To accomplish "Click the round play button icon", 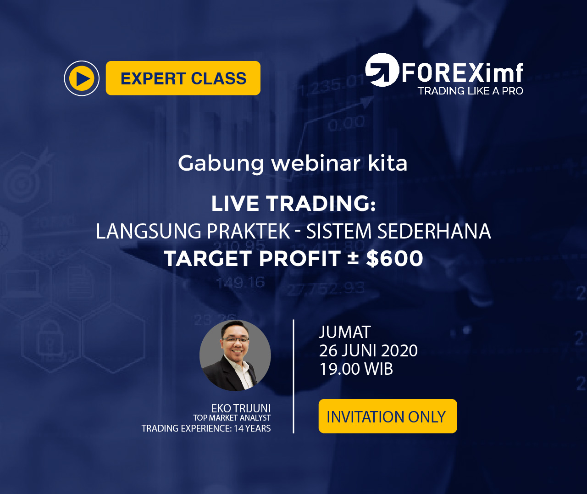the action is (82, 78).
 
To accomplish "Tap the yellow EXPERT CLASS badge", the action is (183, 78).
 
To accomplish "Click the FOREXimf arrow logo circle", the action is (382, 70).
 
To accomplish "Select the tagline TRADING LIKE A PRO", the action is (470, 91).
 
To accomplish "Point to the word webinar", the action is (316, 163).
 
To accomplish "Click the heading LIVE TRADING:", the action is (293, 203).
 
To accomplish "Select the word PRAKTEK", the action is (249, 231).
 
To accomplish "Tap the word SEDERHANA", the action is (434, 231).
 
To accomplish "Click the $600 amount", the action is (394, 258).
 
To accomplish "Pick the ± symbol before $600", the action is (353, 258).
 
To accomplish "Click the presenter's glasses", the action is (236, 339).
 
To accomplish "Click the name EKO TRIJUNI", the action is (241, 408).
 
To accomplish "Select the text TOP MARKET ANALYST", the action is (232, 418).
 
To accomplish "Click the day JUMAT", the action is (345, 332).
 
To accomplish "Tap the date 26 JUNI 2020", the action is (368, 350).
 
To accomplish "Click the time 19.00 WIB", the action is (356, 369).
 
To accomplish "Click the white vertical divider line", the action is (293, 376).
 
